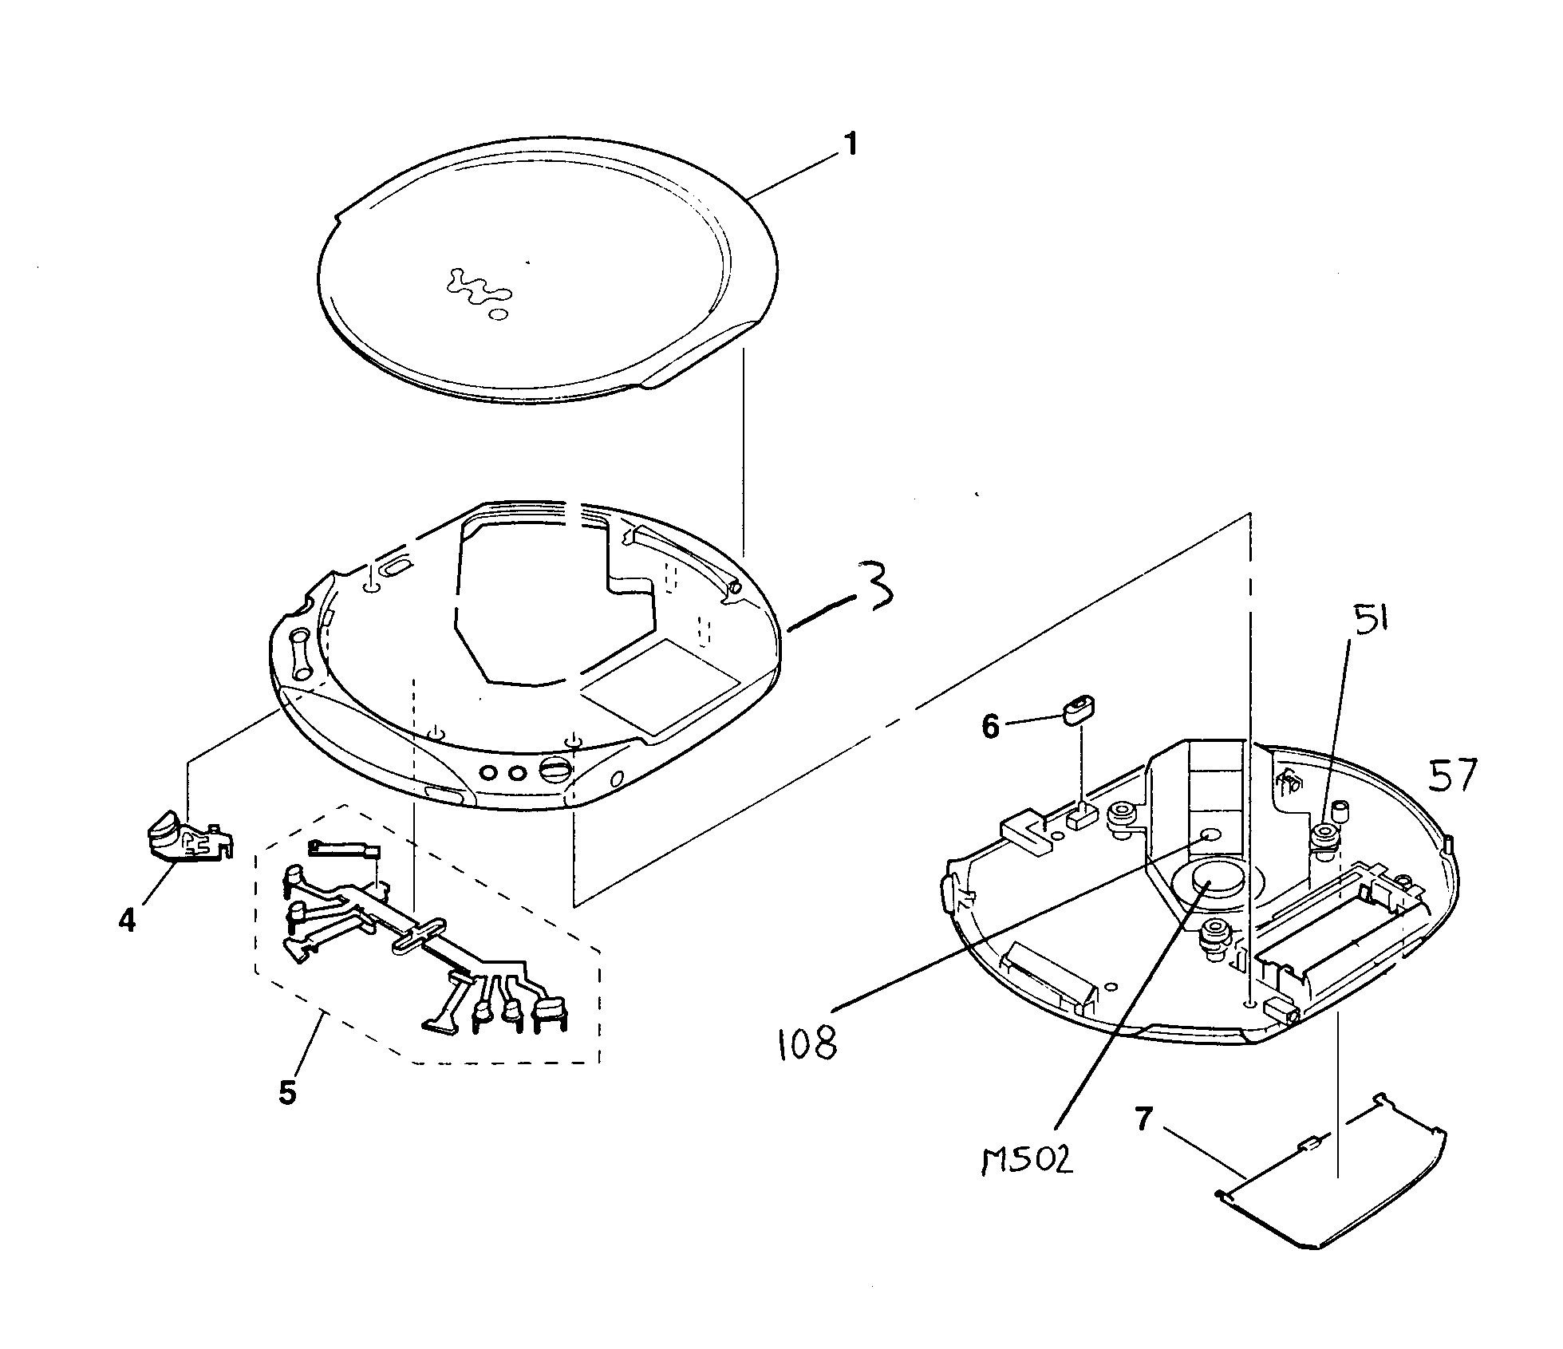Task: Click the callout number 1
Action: [x=851, y=145]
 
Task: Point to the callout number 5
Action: [x=287, y=1092]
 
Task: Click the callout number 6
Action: [x=990, y=726]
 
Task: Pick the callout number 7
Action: [x=1144, y=1120]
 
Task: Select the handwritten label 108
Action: [x=807, y=1043]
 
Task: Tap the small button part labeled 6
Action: [x=1079, y=708]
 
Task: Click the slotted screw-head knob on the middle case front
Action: [x=556, y=770]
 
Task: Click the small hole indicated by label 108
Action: [x=1210, y=835]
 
